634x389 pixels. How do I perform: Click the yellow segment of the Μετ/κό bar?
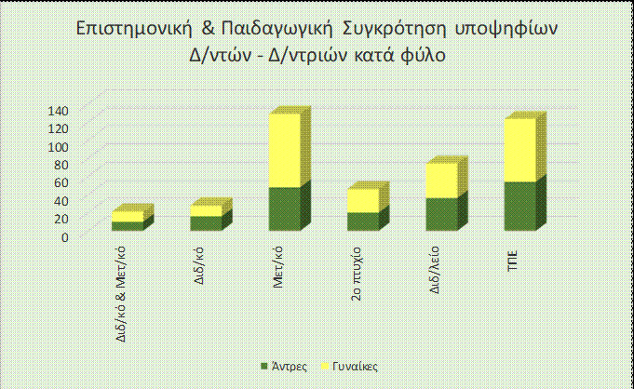click(x=284, y=151)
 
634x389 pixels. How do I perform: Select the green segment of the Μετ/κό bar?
click(x=284, y=209)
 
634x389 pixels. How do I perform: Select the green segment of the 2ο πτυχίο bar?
click(x=362, y=221)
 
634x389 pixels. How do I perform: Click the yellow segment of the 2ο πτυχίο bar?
click(x=362, y=201)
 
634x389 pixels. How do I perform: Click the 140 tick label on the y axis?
click(x=59, y=111)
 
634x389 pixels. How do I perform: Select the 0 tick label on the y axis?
click(x=65, y=236)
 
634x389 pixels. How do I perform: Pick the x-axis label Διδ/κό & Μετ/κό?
click(x=115, y=291)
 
